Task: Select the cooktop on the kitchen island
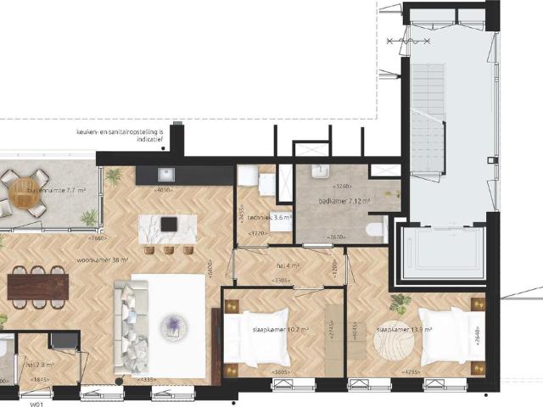(169, 225)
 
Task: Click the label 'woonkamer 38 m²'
(102, 261)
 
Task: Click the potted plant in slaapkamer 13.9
(400, 304)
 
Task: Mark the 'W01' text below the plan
(36, 405)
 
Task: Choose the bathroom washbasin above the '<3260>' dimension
(322, 173)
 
